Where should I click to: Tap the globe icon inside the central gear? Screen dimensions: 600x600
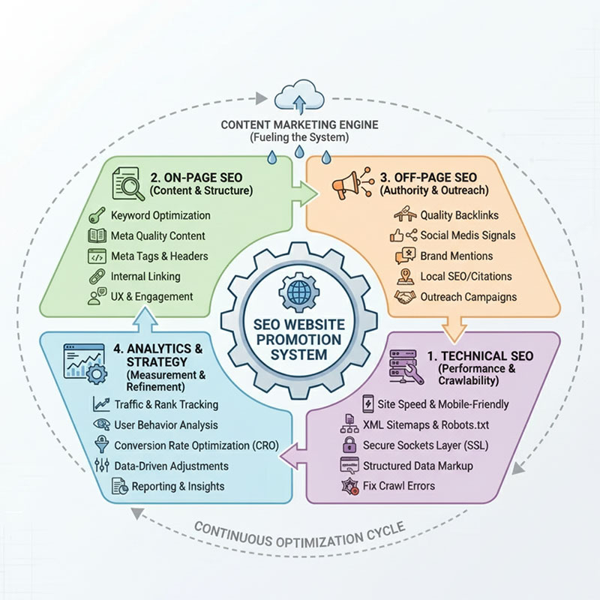[299, 292]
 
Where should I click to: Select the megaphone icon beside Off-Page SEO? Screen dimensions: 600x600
[346, 185]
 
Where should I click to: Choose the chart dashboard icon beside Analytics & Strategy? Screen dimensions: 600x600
[85, 364]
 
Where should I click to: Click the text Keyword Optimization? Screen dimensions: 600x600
[160, 215]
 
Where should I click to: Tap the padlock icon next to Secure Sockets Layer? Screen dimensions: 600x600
[349, 445]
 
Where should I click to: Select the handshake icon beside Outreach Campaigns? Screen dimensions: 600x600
[405, 297]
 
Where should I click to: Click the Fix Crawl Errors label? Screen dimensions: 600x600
[399, 486]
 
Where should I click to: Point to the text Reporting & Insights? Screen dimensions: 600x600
[178, 486]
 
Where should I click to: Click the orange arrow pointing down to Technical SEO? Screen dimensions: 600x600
[454, 329]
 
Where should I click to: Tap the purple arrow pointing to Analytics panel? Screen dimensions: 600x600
[294, 455]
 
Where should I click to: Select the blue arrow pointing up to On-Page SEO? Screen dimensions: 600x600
[145, 320]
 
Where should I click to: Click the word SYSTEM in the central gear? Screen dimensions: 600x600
[298, 355]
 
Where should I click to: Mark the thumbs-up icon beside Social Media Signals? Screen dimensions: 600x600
[397, 235]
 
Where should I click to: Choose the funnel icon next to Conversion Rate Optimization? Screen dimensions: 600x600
[101, 445]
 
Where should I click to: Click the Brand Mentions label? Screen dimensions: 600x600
[457, 256]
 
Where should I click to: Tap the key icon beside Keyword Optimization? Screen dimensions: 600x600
[97, 215]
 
